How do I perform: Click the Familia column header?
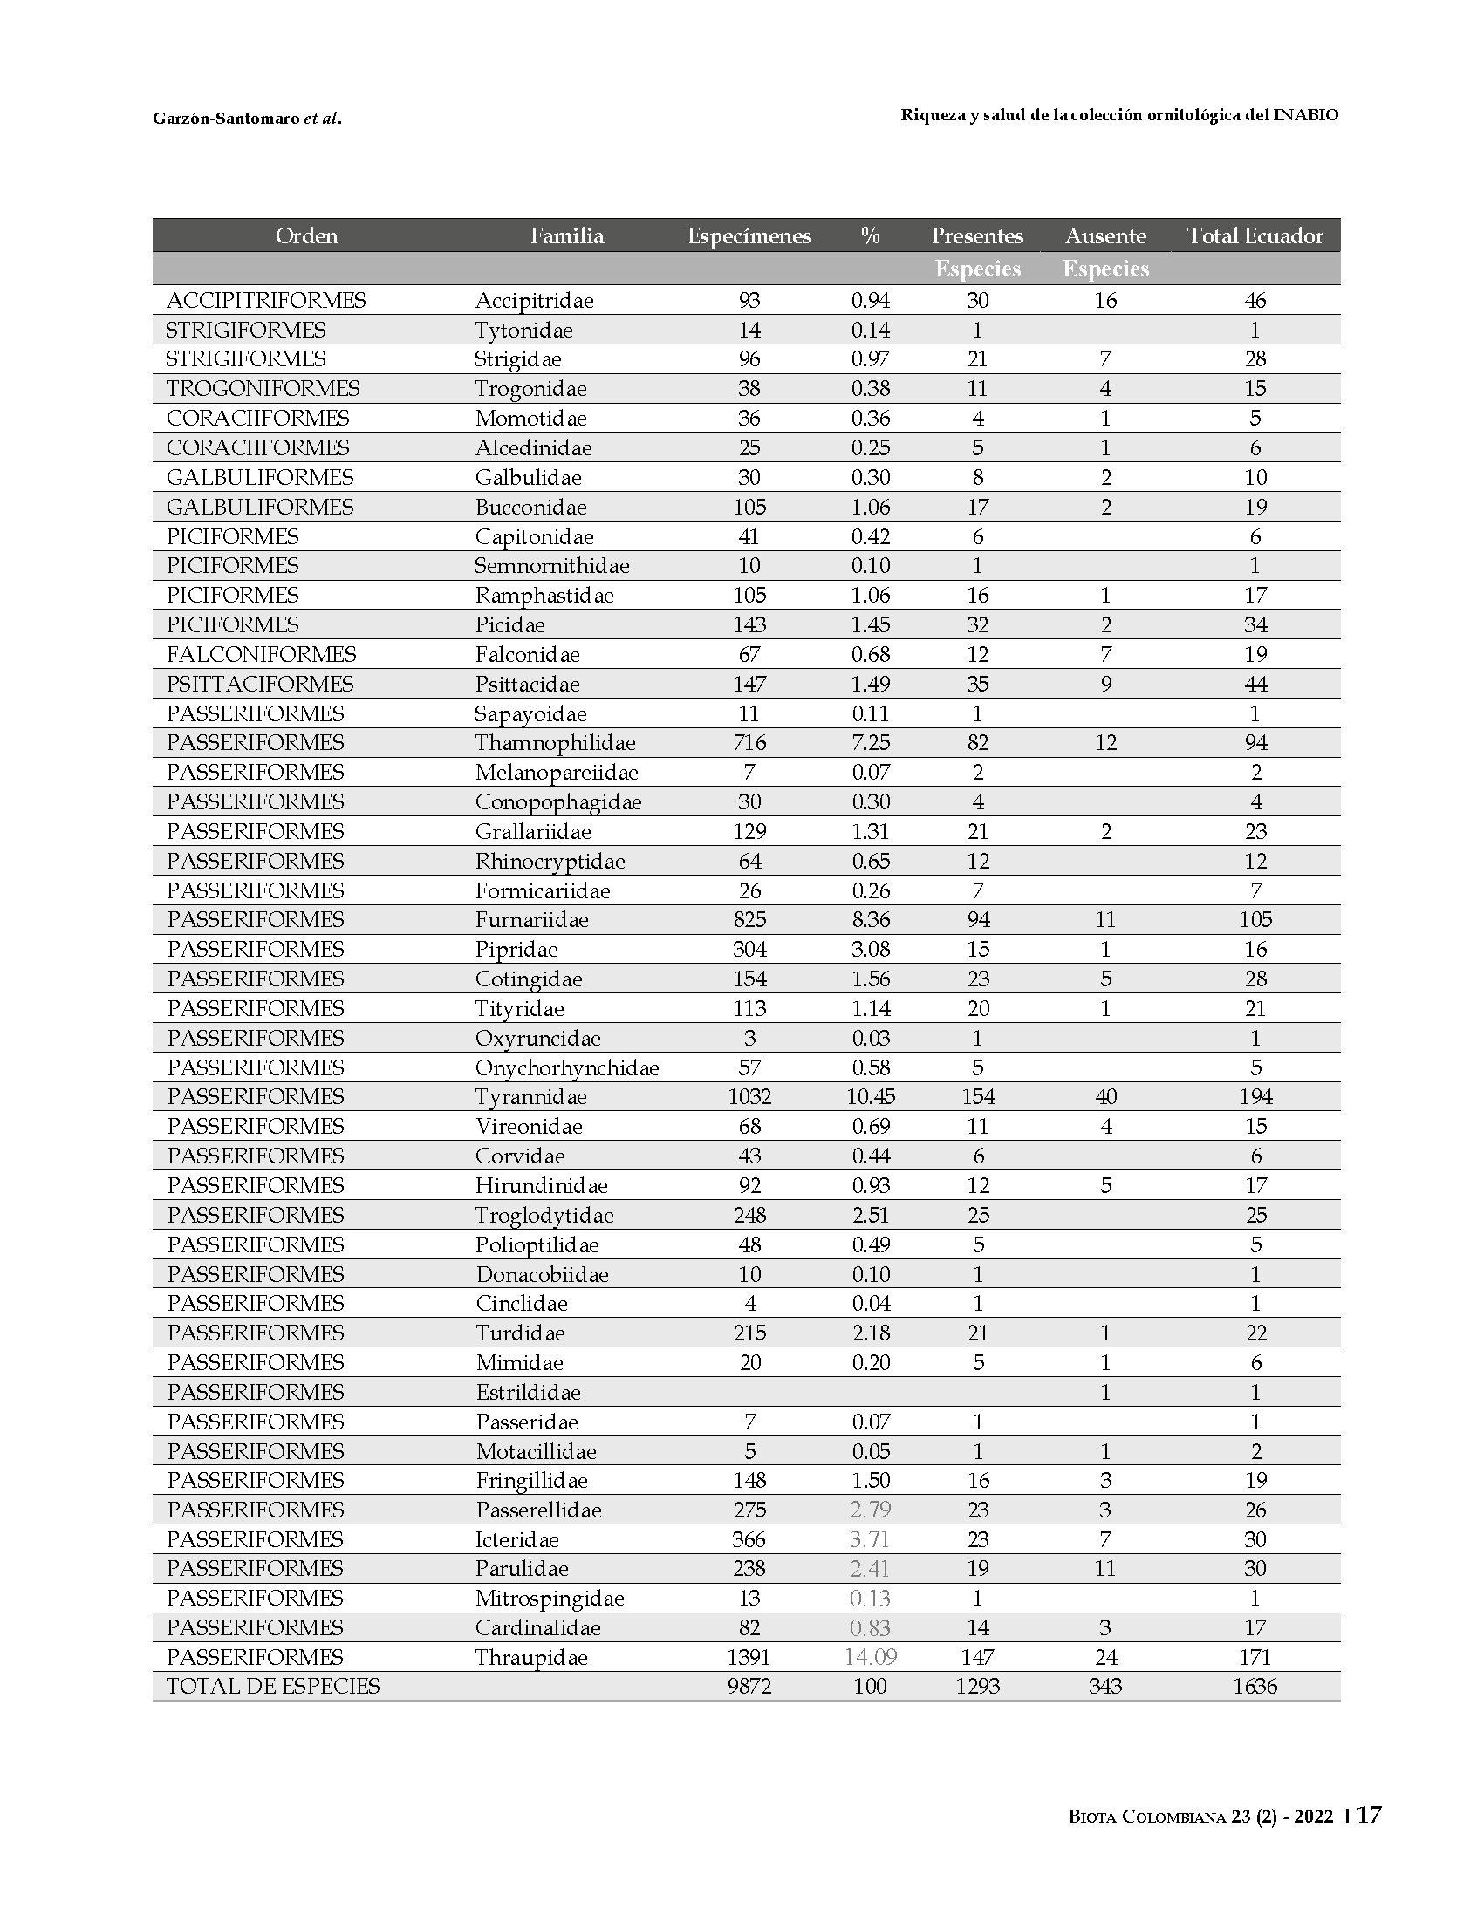coord(567,235)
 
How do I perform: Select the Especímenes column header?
coord(749,235)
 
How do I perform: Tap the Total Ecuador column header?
coord(1255,235)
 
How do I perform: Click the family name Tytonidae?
coord(524,331)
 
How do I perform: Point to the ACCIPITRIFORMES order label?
coord(265,301)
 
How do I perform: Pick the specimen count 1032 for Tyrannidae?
coord(750,1097)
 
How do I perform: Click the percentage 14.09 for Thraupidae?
coord(871,1657)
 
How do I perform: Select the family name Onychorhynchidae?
coord(567,1067)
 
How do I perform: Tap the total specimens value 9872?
coord(750,1686)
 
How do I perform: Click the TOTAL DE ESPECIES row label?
coord(273,1686)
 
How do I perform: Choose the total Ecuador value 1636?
coord(1255,1686)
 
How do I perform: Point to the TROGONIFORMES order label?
coord(263,388)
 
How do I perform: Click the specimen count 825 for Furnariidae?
coord(750,919)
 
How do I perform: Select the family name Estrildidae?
coord(529,1392)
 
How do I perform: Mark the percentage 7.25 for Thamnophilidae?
coord(871,743)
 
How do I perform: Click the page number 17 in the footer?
coord(1369,1816)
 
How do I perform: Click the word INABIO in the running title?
coord(1305,115)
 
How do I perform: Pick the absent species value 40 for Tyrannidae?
coord(1106,1097)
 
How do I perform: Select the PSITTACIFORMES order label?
coord(260,684)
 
